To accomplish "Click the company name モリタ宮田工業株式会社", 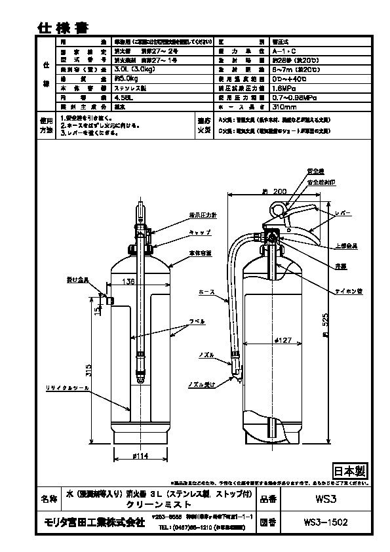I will [93, 522].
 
